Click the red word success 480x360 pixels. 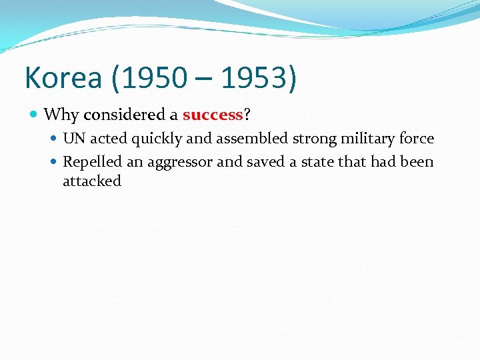[x=212, y=115]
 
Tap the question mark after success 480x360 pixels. [x=247, y=115]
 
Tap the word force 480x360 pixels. [x=418, y=139]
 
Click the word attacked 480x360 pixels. [x=92, y=181]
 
